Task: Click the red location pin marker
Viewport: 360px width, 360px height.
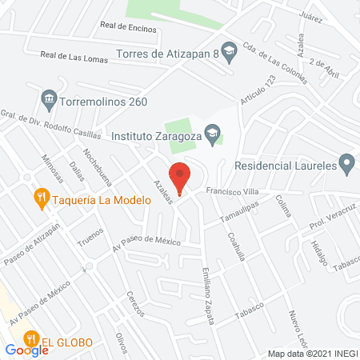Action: click(x=180, y=177)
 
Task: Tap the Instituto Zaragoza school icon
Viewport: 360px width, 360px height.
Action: click(x=212, y=134)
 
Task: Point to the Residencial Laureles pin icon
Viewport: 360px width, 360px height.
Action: click(x=346, y=166)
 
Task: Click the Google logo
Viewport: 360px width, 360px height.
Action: click(x=27, y=350)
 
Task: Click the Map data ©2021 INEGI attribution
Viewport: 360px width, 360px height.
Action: click(x=312, y=354)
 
